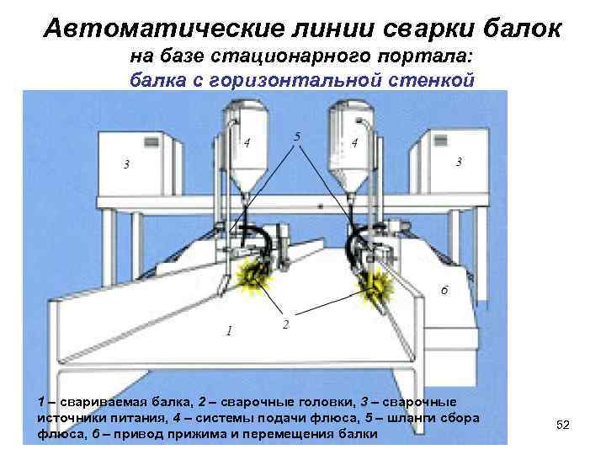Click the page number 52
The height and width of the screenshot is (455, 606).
pyautogui.click(x=563, y=426)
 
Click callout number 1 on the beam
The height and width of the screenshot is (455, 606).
pyautogui.click(x=228, y=329)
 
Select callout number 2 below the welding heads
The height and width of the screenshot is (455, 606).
pyautogui.click(x=285, y=324)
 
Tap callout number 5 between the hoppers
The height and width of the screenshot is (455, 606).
pyautogui.click(x=297, y=136)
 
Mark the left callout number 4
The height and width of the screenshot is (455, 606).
pyautogui.click(x=246, y=142)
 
